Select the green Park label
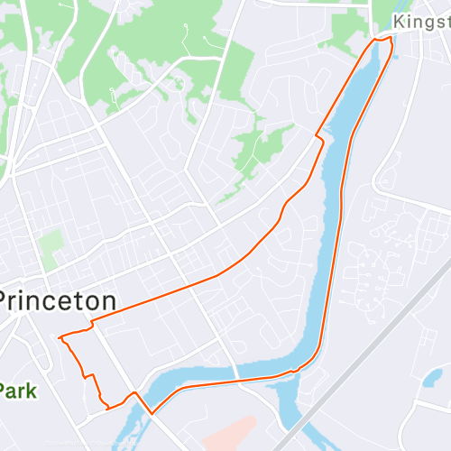[16, 391]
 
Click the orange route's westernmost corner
[60, 338]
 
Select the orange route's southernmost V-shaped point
[150, 412]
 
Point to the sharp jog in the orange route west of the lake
[318, 139]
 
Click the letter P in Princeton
[8, 300]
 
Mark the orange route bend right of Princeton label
[93, 319]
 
